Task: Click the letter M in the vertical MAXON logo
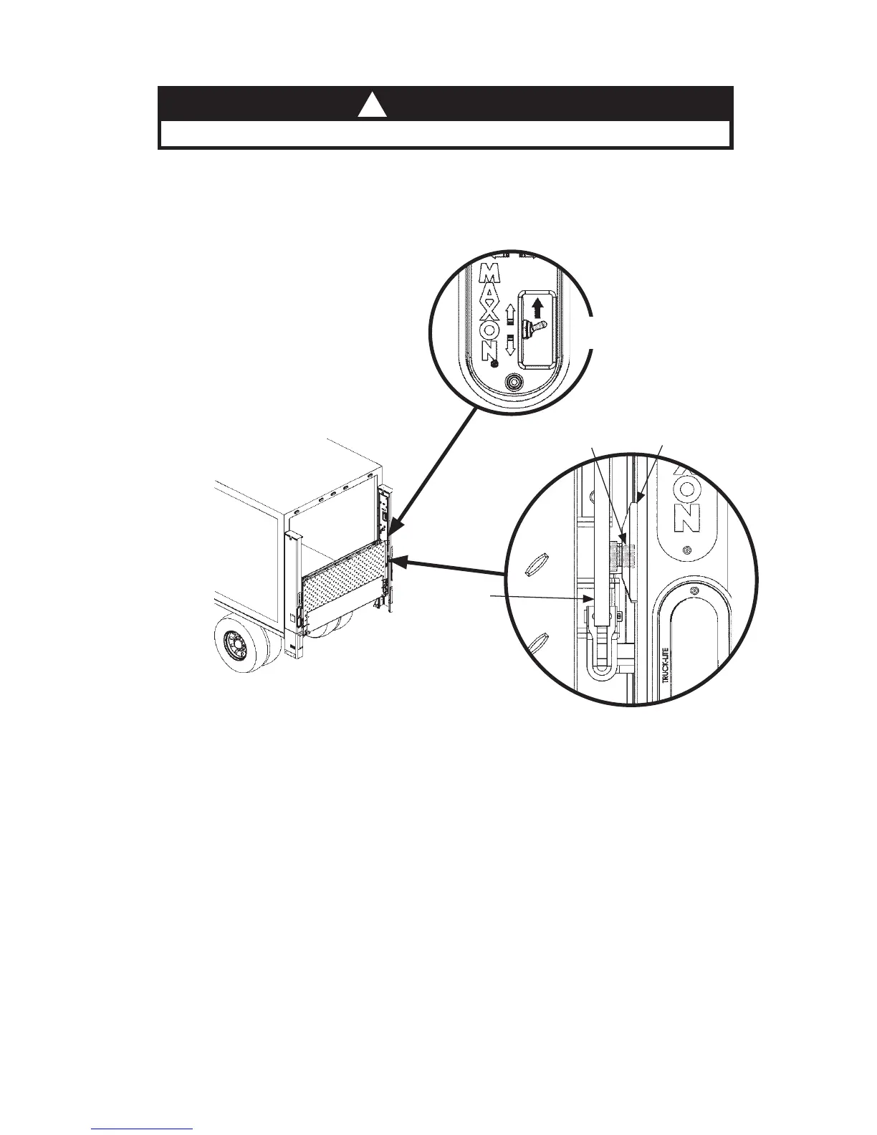pos(490,272)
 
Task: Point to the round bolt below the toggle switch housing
pos(513,383)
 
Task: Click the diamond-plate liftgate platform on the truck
pos(345,581)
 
